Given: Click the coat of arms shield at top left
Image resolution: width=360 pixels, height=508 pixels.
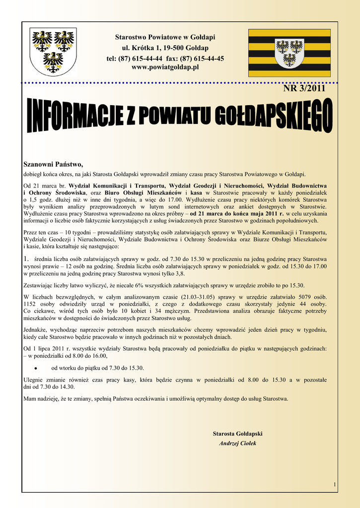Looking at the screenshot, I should tap(53, 51).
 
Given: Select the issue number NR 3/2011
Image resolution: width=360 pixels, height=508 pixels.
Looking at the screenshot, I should tap(304, 89).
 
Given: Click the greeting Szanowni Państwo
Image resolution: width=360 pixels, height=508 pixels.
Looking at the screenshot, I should tap(54, 164).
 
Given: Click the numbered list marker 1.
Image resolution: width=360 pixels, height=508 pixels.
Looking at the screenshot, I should tap(27, 258).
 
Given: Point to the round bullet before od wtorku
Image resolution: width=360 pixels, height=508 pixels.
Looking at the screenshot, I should tap(36, 368).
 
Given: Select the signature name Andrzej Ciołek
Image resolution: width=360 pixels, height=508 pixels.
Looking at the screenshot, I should tap(237, 443).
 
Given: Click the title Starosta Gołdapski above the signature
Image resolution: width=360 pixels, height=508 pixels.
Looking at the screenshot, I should tap(237, 434).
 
